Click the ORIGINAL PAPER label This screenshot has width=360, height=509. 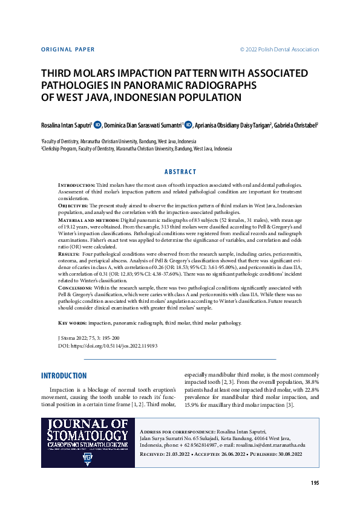pyautogui.click(x=68, y=50)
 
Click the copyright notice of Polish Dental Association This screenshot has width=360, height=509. pyautogui.click(x=280, y=50)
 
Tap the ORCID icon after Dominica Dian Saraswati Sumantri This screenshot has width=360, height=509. pyautogui.click(x=188, y=125)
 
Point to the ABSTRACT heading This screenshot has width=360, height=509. pyautogui.click(x=180, y=172)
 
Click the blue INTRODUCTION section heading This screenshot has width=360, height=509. pyautogui.click(x=64, y=375)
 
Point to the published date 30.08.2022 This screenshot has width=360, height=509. pyautogui.click(x=285, y=453)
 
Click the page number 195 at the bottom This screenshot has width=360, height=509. pyautogui.click(x=315, y=483)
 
